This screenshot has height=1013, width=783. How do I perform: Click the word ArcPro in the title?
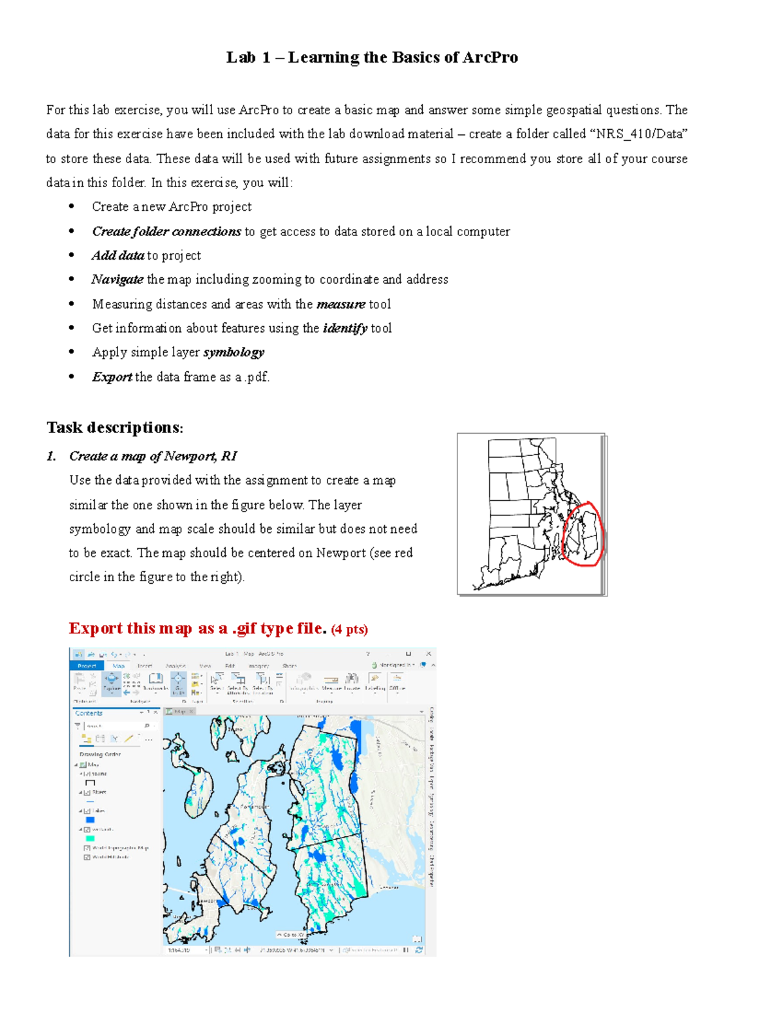click(490, 57)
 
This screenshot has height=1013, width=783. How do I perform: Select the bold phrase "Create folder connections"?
click(166, 232)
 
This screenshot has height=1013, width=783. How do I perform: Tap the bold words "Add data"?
click(117, 256)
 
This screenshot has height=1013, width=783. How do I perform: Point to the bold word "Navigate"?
click(117, 280)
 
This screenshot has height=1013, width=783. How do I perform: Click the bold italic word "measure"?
click(341, 304)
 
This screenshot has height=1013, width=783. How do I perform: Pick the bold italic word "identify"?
click(345, 328)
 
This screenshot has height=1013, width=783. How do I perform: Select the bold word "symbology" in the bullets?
click(234, 352)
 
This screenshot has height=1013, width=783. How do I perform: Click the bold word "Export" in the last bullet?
click(112, 377)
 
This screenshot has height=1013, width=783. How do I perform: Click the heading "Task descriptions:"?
click(115, 428)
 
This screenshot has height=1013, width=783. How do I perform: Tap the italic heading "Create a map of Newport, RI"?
click(153, 456)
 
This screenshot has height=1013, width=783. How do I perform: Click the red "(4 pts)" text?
click(350, 629)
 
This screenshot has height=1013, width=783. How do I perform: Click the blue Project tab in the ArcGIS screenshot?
click(87, 666)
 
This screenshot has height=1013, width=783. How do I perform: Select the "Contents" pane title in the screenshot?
click(89, 713)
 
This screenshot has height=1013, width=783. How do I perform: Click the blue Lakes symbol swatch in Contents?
click(90, 820)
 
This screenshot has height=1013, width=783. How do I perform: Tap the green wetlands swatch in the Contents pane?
click(90, 839)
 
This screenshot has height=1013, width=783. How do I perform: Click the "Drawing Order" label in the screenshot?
click(100, 754)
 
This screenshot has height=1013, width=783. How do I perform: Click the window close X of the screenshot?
click(429, 654)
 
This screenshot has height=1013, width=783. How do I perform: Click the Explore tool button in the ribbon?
click(112, 682)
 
